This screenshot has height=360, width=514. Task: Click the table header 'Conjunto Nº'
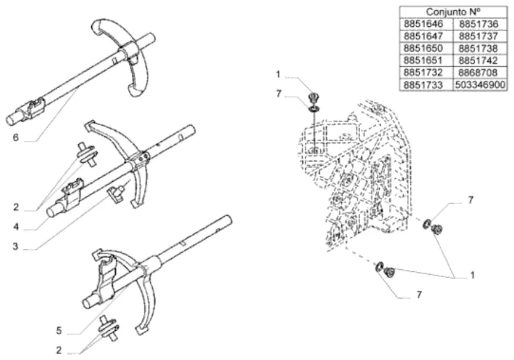coord(453,12)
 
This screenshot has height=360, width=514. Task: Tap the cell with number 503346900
coord(480,85)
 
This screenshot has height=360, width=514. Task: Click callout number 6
coord(16,137)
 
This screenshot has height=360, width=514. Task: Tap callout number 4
coord(16,226)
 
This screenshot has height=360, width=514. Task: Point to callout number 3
coord(16,246)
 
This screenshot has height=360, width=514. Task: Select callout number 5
coord(58,331)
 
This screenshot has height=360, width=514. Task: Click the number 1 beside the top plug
coord(278,75)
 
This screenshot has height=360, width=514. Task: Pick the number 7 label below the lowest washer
coord(419,295)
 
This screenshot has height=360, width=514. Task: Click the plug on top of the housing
coord(313,98)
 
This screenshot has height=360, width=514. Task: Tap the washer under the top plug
coord(314,108)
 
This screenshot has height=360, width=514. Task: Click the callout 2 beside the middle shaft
coord(16,207)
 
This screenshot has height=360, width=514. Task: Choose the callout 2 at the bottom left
coord(58,350)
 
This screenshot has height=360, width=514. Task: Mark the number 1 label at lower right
coord(472,275)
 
